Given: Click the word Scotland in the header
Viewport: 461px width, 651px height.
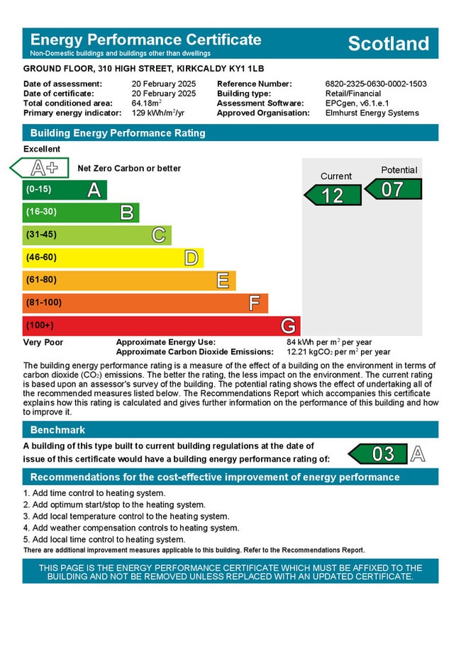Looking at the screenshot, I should (x=388, y=43).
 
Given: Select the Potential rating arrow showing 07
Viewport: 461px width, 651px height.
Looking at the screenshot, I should (x=394, y=189).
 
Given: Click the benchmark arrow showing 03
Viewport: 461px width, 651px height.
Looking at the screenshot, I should (x=379, y=453).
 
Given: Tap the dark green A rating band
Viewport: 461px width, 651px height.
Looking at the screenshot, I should (x=64, y=190).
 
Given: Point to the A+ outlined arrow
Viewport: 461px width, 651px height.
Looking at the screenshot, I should (x=40, y=168).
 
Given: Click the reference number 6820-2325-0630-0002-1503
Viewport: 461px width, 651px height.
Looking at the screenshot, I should (x=376, y=84).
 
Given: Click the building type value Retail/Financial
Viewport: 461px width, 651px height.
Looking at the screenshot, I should (x=352, y=94).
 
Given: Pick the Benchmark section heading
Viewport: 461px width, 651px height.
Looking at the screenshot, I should (x=57, y=430).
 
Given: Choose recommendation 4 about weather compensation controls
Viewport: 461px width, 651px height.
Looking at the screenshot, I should (x=130, y=528).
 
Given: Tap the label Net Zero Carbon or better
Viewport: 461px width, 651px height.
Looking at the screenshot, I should (x=129, y=169).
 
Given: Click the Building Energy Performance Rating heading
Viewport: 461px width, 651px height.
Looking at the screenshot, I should (x=118, y=133).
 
